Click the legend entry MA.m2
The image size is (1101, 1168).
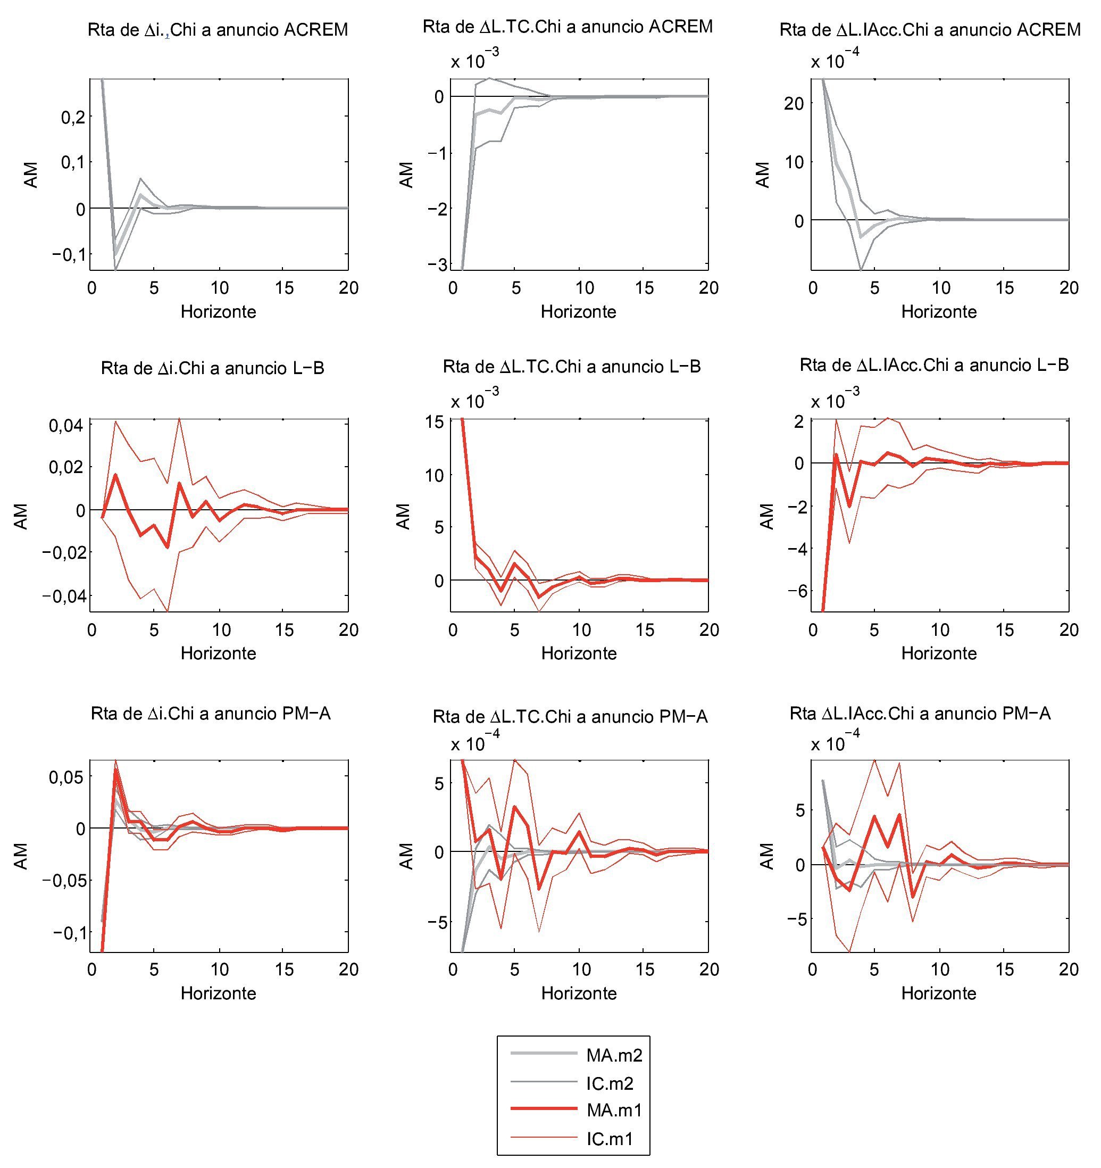614,1055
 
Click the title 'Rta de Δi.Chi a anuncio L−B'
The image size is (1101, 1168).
213,368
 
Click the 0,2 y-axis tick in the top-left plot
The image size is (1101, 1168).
73,117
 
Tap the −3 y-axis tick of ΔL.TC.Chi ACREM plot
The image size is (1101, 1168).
437,265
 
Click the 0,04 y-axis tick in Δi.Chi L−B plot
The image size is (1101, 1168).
65,425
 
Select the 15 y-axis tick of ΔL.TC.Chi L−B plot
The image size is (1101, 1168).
435,422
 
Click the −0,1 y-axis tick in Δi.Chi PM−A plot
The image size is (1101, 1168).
69,933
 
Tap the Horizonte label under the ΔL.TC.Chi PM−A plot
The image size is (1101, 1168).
578,993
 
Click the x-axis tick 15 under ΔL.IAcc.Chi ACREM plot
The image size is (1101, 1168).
1005,288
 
